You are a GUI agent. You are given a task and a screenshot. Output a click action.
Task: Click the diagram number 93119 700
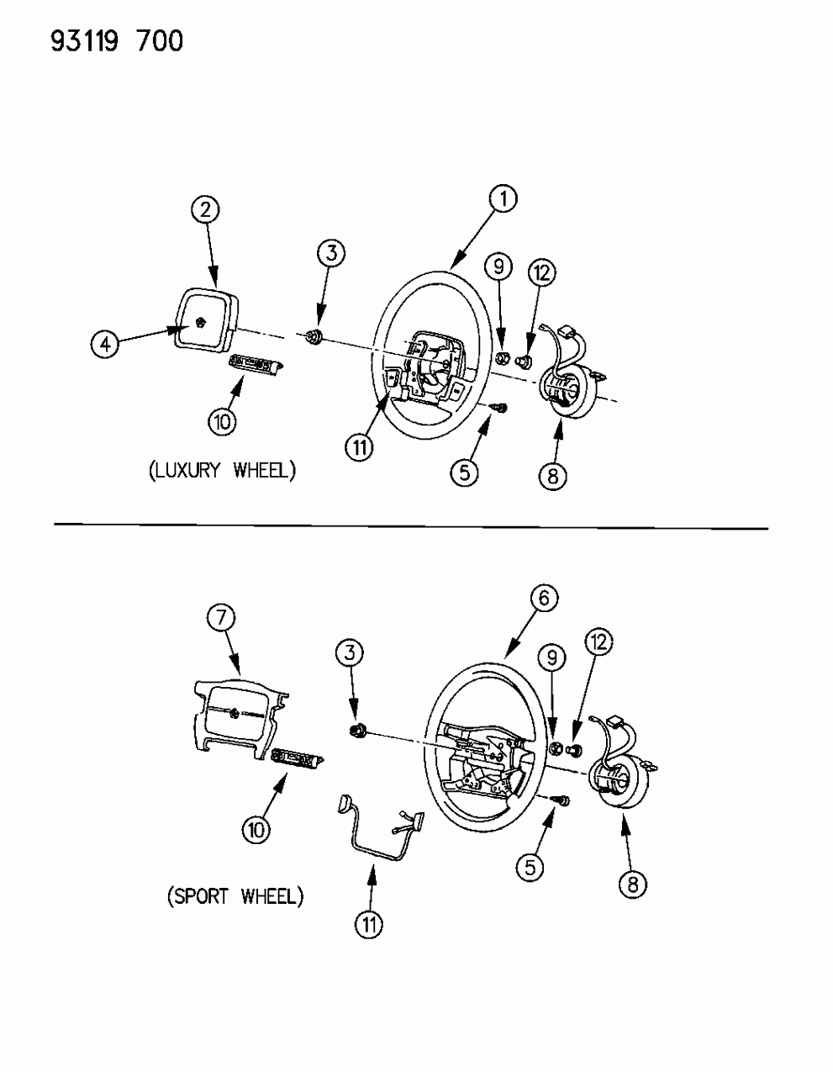(x=117, y=40)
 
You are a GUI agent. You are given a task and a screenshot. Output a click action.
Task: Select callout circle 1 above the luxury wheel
(x=503, y=199)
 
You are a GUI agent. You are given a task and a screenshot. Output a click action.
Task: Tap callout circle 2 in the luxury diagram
(x=205, y=209)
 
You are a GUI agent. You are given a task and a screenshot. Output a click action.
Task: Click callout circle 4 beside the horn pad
(x=105, y=344)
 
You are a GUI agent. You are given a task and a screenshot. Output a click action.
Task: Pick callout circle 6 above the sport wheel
(x=544, y=599)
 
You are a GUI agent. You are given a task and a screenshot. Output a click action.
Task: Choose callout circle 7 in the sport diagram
(x=221, y=618)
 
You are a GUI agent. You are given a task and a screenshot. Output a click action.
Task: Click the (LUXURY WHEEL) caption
(x=223, y=470)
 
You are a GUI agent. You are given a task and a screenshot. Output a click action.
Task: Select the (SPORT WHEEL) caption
(x=235, y=896)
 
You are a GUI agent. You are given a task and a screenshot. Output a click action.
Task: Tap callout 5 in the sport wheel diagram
(x=529, y=866)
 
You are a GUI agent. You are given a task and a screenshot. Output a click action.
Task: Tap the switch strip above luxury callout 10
(x=256, y=362)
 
